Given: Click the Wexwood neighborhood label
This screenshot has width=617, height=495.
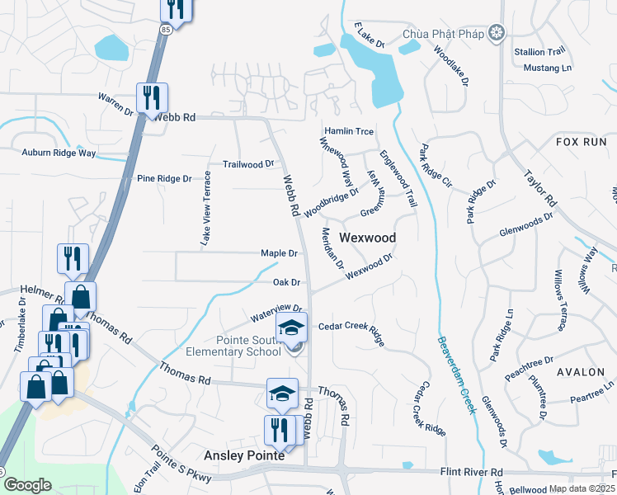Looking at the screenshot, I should (x=368, y=238).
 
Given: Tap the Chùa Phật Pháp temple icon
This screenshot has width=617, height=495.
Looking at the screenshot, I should (x=497, y=34).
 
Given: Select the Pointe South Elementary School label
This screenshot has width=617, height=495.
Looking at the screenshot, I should (x=238, y=346).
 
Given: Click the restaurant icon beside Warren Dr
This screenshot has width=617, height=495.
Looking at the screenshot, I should (x=153, y=97).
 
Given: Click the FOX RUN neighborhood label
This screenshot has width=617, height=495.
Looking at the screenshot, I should (x=581, y=142).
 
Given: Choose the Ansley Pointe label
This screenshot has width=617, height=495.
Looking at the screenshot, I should (x=244, y=455).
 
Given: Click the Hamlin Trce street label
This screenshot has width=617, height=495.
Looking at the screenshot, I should (x=349, y=131).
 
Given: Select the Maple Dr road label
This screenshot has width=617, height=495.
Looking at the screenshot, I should (x=278, y=252).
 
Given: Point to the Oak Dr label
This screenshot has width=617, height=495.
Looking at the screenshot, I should (x=285, y=282).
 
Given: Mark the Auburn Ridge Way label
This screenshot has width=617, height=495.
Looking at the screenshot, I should (x=59, y=153).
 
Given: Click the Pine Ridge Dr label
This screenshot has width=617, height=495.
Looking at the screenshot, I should (x=164, y=178).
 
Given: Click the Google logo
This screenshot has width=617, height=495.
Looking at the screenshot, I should (x=27, y=485).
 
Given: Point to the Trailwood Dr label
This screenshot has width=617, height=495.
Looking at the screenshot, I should (x=248, y=164).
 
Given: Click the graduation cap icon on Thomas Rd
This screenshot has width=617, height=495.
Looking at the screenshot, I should (x=281, y=393).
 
